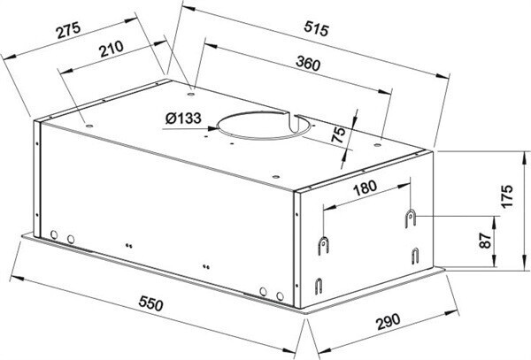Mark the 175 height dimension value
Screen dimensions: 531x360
click(x=506, y=197)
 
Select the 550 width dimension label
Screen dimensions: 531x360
click(x=150, y=305)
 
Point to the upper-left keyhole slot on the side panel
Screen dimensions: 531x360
click(x=326, y=243)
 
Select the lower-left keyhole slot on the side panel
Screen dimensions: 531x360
click(x=319, y=285)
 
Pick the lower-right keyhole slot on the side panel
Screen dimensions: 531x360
click(x=412, y=256)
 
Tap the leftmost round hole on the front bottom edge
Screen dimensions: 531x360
click(x=54, y=235)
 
